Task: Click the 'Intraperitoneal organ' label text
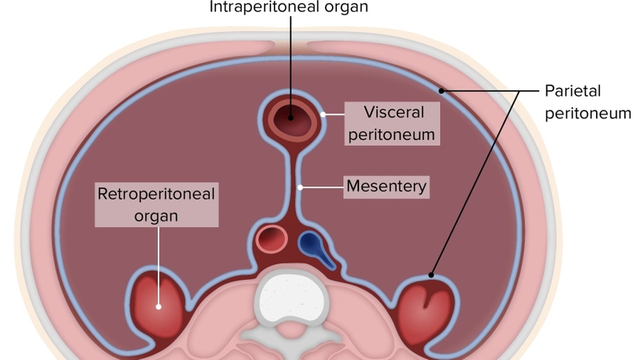coord(290,7)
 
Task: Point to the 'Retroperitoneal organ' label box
coord(158,205)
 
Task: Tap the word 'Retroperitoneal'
coord(158,194)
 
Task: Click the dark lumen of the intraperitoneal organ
coord(289,120)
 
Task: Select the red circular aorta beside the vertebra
coord(272,238)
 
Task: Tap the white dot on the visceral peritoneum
coord(323,114)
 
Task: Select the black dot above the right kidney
coord(432,275)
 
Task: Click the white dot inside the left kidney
coord(159,306)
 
